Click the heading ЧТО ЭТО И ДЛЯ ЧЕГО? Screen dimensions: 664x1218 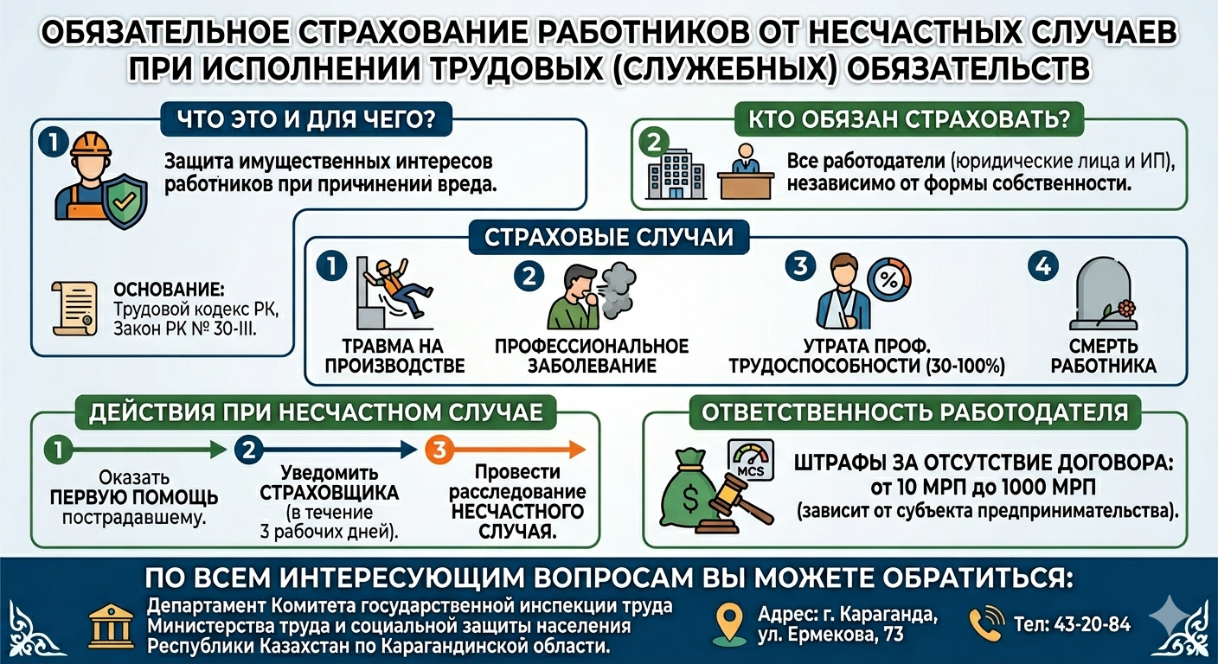pos(306,119)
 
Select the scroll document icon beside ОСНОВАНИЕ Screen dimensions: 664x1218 pos(74,309)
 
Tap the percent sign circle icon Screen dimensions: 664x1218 pos(888,278)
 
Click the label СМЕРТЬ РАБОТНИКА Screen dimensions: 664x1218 pos(1103,355)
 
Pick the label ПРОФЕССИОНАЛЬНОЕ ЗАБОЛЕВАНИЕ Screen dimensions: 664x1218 pos(592,355)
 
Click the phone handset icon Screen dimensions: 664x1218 pos(986,622)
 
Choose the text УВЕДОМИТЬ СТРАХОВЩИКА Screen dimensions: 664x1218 pos(330,483)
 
